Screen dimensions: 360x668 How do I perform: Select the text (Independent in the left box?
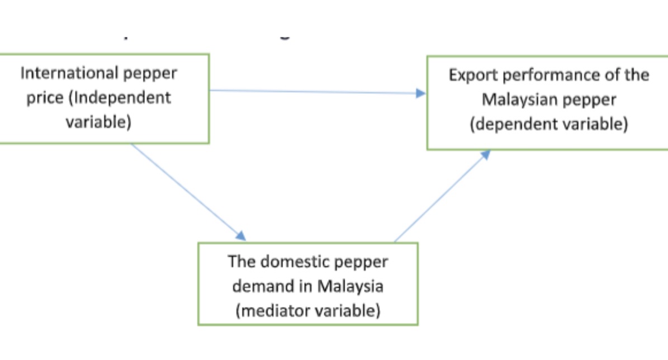click(120, 98)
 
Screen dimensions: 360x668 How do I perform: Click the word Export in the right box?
click(472, 75)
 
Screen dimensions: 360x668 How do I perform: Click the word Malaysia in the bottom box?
click(350, 286)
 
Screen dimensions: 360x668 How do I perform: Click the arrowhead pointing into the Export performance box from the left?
click(421, 93)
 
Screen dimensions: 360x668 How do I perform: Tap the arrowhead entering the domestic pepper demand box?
click(241, 235)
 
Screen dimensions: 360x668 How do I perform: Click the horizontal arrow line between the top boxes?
click(313, 92)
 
